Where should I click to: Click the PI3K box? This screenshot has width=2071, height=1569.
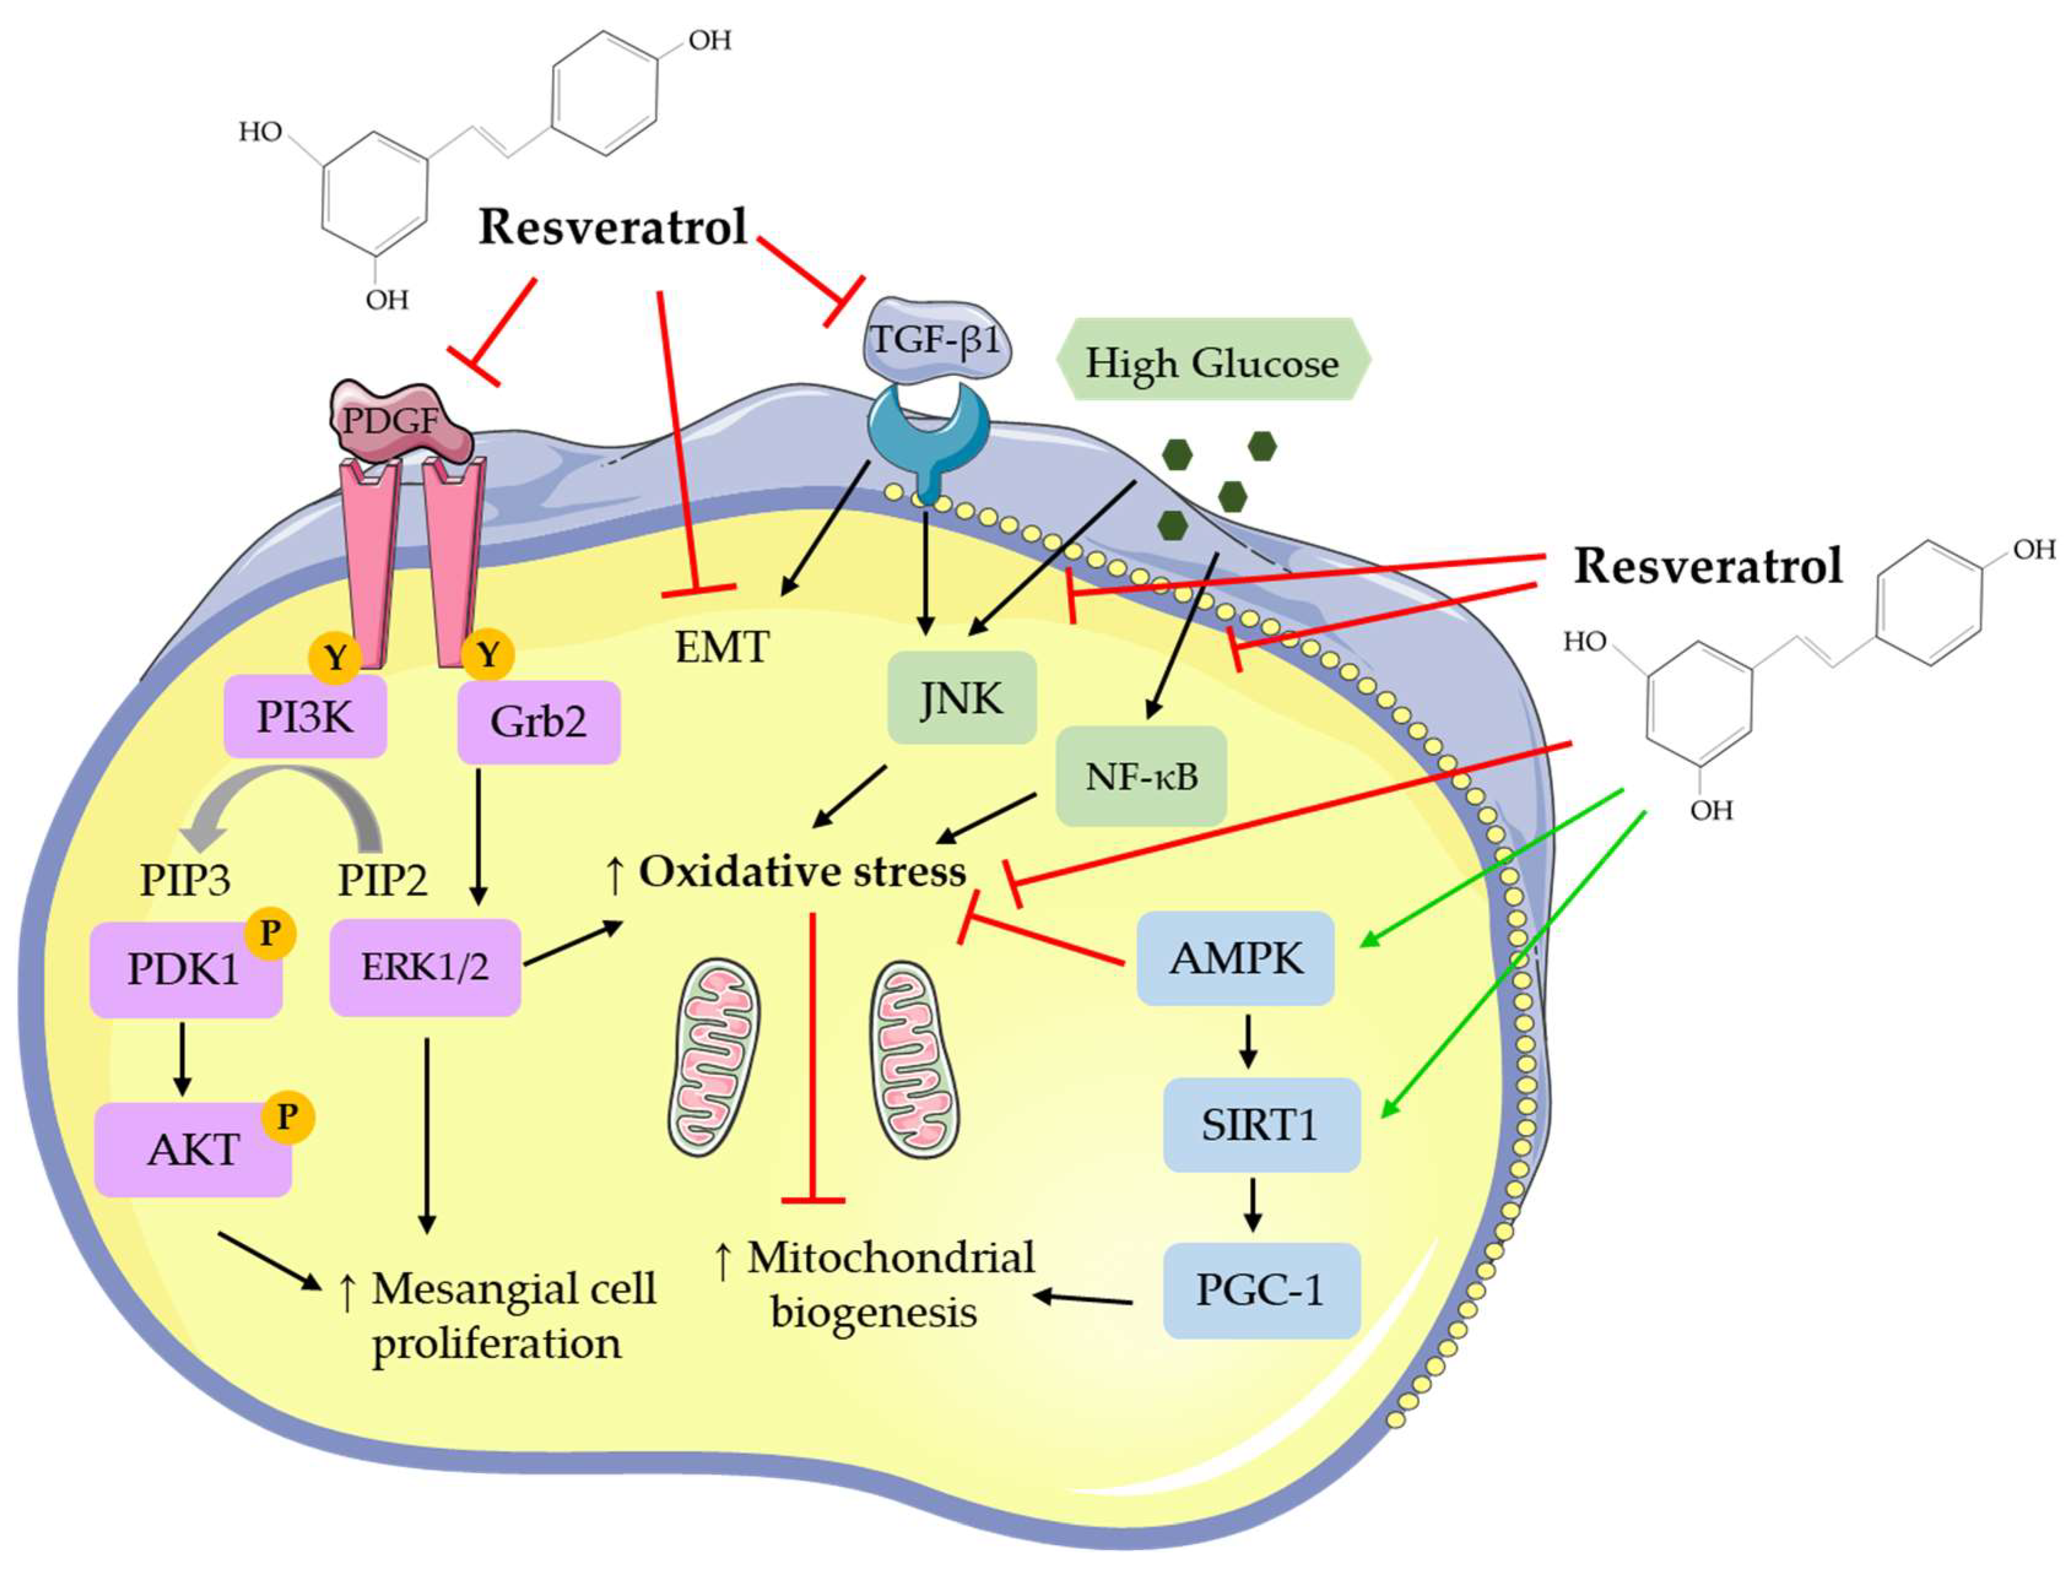[x=305, y=718]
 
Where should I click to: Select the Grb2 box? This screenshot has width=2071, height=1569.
[x=538, y=722]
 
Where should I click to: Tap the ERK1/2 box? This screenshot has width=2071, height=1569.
[x=425, y=967]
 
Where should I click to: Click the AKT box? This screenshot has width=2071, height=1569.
[x=193, y=1150]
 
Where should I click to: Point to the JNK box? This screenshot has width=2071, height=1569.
[x=962, y=698]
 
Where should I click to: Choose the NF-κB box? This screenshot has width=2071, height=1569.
[x=1140, y=776]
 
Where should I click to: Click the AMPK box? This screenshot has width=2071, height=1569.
[x=1235, y=958]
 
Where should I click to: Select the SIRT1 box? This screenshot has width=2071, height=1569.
[x=1260, y=1124]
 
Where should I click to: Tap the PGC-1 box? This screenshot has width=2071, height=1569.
[x=1260, y=1290]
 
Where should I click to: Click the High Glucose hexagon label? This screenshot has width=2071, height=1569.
[x=1212, y=362]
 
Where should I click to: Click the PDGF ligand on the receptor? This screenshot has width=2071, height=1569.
[x=398, y=421]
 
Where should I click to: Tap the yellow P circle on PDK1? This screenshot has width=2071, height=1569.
[x=270, y=933]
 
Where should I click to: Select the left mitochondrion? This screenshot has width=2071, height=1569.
[x=713, y=1056]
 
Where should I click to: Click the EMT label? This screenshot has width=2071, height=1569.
[x=722, y=647]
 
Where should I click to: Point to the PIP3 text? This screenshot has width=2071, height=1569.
[x=185, y=880]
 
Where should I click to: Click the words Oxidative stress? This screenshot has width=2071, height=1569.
[x=802, y=871]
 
